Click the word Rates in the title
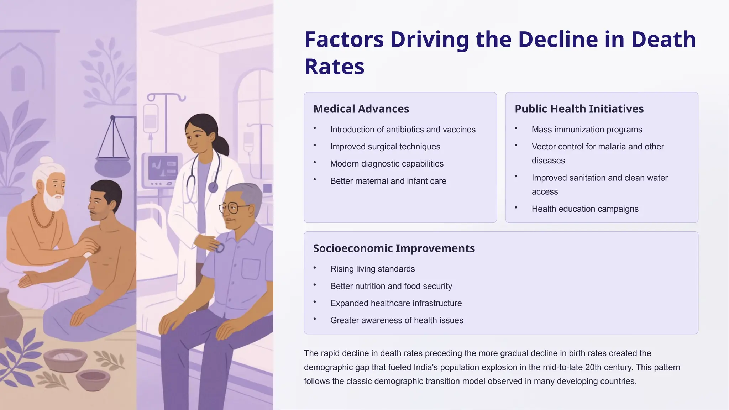pos(334,67)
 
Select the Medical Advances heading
pos(361,109)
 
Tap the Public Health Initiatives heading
pos(579,109)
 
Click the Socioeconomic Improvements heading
pos(394,248)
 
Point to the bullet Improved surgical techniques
pos(385,147)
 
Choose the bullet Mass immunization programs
pos(587,130)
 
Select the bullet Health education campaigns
pos(585,209)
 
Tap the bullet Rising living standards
pos(372,269)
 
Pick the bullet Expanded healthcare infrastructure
pos(396,303)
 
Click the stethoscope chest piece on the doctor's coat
pos(213,187)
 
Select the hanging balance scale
pos(112,149)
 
